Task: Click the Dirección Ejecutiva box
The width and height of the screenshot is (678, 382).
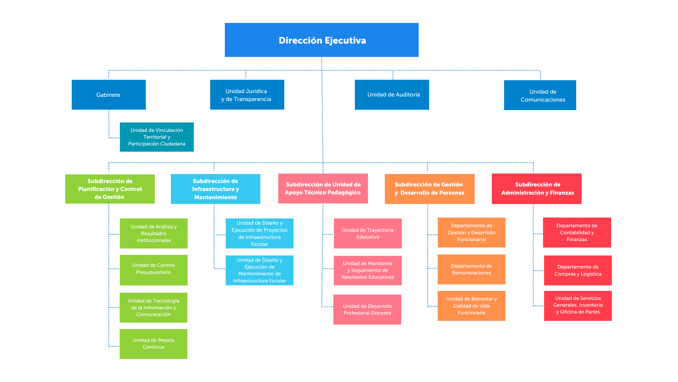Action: [x=321, y=40]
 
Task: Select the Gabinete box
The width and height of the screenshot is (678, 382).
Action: [x=109, y=95]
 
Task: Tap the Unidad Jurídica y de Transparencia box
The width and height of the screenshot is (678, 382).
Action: [x=247, y=95]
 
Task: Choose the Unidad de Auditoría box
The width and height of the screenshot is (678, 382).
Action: [x=392, y=95]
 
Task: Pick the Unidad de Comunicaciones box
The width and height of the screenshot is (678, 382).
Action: [x=540, y=95]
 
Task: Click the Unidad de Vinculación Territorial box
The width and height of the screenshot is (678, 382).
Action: [x=157, y=137]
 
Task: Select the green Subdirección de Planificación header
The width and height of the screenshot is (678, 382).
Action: [x=110, y=189]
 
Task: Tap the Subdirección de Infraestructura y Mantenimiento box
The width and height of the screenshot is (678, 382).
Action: [x=216, y=189]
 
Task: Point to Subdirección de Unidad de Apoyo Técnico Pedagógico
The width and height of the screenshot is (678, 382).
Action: [x=323, y=188]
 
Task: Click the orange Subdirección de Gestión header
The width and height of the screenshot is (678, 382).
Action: [x=429, y=189]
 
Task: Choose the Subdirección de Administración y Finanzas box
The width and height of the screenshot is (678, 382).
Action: [x=536, y=189]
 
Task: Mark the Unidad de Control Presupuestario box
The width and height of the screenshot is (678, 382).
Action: [x=153, y=270]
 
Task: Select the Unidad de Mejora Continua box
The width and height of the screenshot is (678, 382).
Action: [x=153, y=344]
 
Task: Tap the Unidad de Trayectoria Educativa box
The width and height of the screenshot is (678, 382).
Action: [x=368, y=233]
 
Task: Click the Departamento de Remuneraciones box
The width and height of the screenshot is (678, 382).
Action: [x=471, y=269]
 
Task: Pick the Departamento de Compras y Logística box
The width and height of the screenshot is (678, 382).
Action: [x=578, y=270]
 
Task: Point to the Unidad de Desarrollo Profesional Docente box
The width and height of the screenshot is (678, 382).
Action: [x=367, y=309]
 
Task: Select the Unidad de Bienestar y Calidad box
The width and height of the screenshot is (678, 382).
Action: [x=471, y=306]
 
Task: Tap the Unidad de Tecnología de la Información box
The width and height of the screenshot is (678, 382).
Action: [x=153, y=308]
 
